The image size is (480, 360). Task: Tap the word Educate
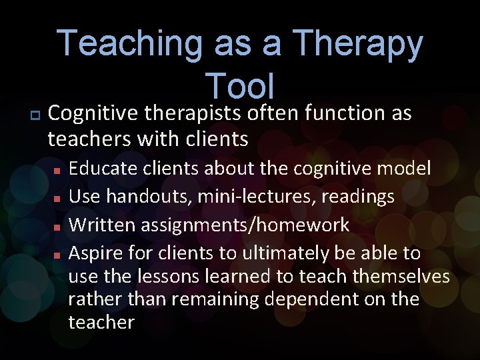[101, 168]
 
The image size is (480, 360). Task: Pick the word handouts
[147, 197]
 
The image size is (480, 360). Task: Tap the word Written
[101, 225]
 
